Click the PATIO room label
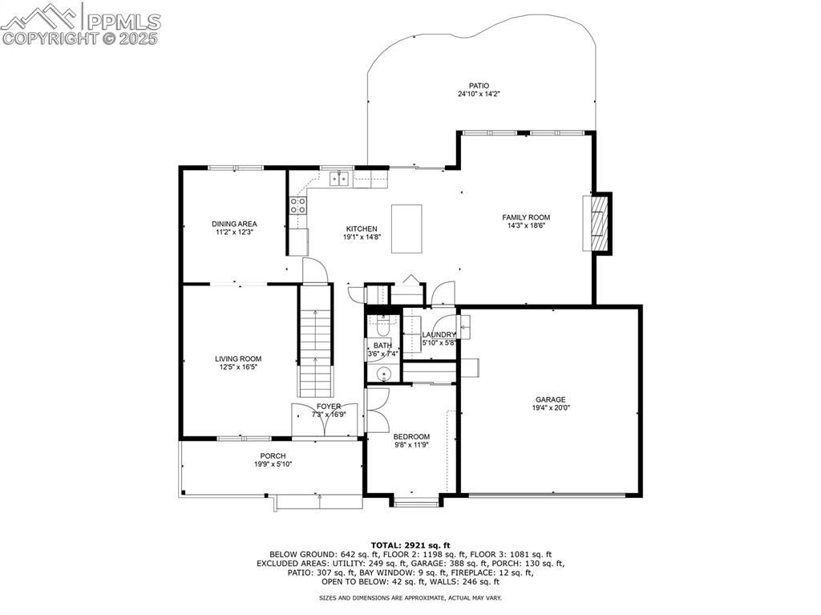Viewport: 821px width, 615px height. click(x=479, y=86)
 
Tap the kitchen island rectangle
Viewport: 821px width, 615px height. click(x=406, y=229)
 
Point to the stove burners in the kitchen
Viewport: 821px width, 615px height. click(x=298, y=205)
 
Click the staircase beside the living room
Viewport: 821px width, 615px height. click(x=315, y=351)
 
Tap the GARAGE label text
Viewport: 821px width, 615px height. click(x=551, y=399)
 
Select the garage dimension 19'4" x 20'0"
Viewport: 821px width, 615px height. click(x=551, y=408)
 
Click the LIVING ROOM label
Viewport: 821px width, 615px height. click(x=238, y=359)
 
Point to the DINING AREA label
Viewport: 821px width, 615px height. click(x=234, y=224)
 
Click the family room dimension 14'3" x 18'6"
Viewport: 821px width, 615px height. click(x=526, y=225)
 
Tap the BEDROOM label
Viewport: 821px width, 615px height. click(x=411, y=436)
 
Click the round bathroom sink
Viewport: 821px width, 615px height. click(x=383, y=373)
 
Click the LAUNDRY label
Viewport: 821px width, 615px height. click(x=439, y=334)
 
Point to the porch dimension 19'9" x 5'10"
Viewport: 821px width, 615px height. click(x=272, y=463)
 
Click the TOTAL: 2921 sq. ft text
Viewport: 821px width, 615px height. click(x=410, y=545)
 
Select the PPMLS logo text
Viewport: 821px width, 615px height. click(x=123, y=20)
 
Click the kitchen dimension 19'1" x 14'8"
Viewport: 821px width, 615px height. click(x=361, y=237)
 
